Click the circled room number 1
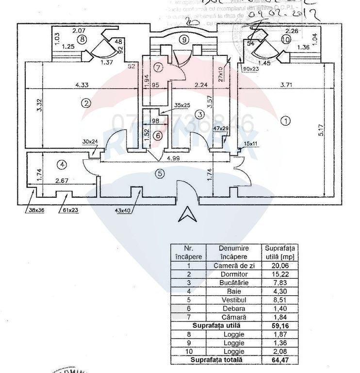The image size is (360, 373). tap(286, 119)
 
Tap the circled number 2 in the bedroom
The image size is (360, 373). tap(86, 103)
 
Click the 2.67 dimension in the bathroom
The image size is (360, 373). tap(61, 181)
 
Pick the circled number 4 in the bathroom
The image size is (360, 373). tap(61, 165)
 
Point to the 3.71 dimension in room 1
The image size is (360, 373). tap(286, 86)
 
